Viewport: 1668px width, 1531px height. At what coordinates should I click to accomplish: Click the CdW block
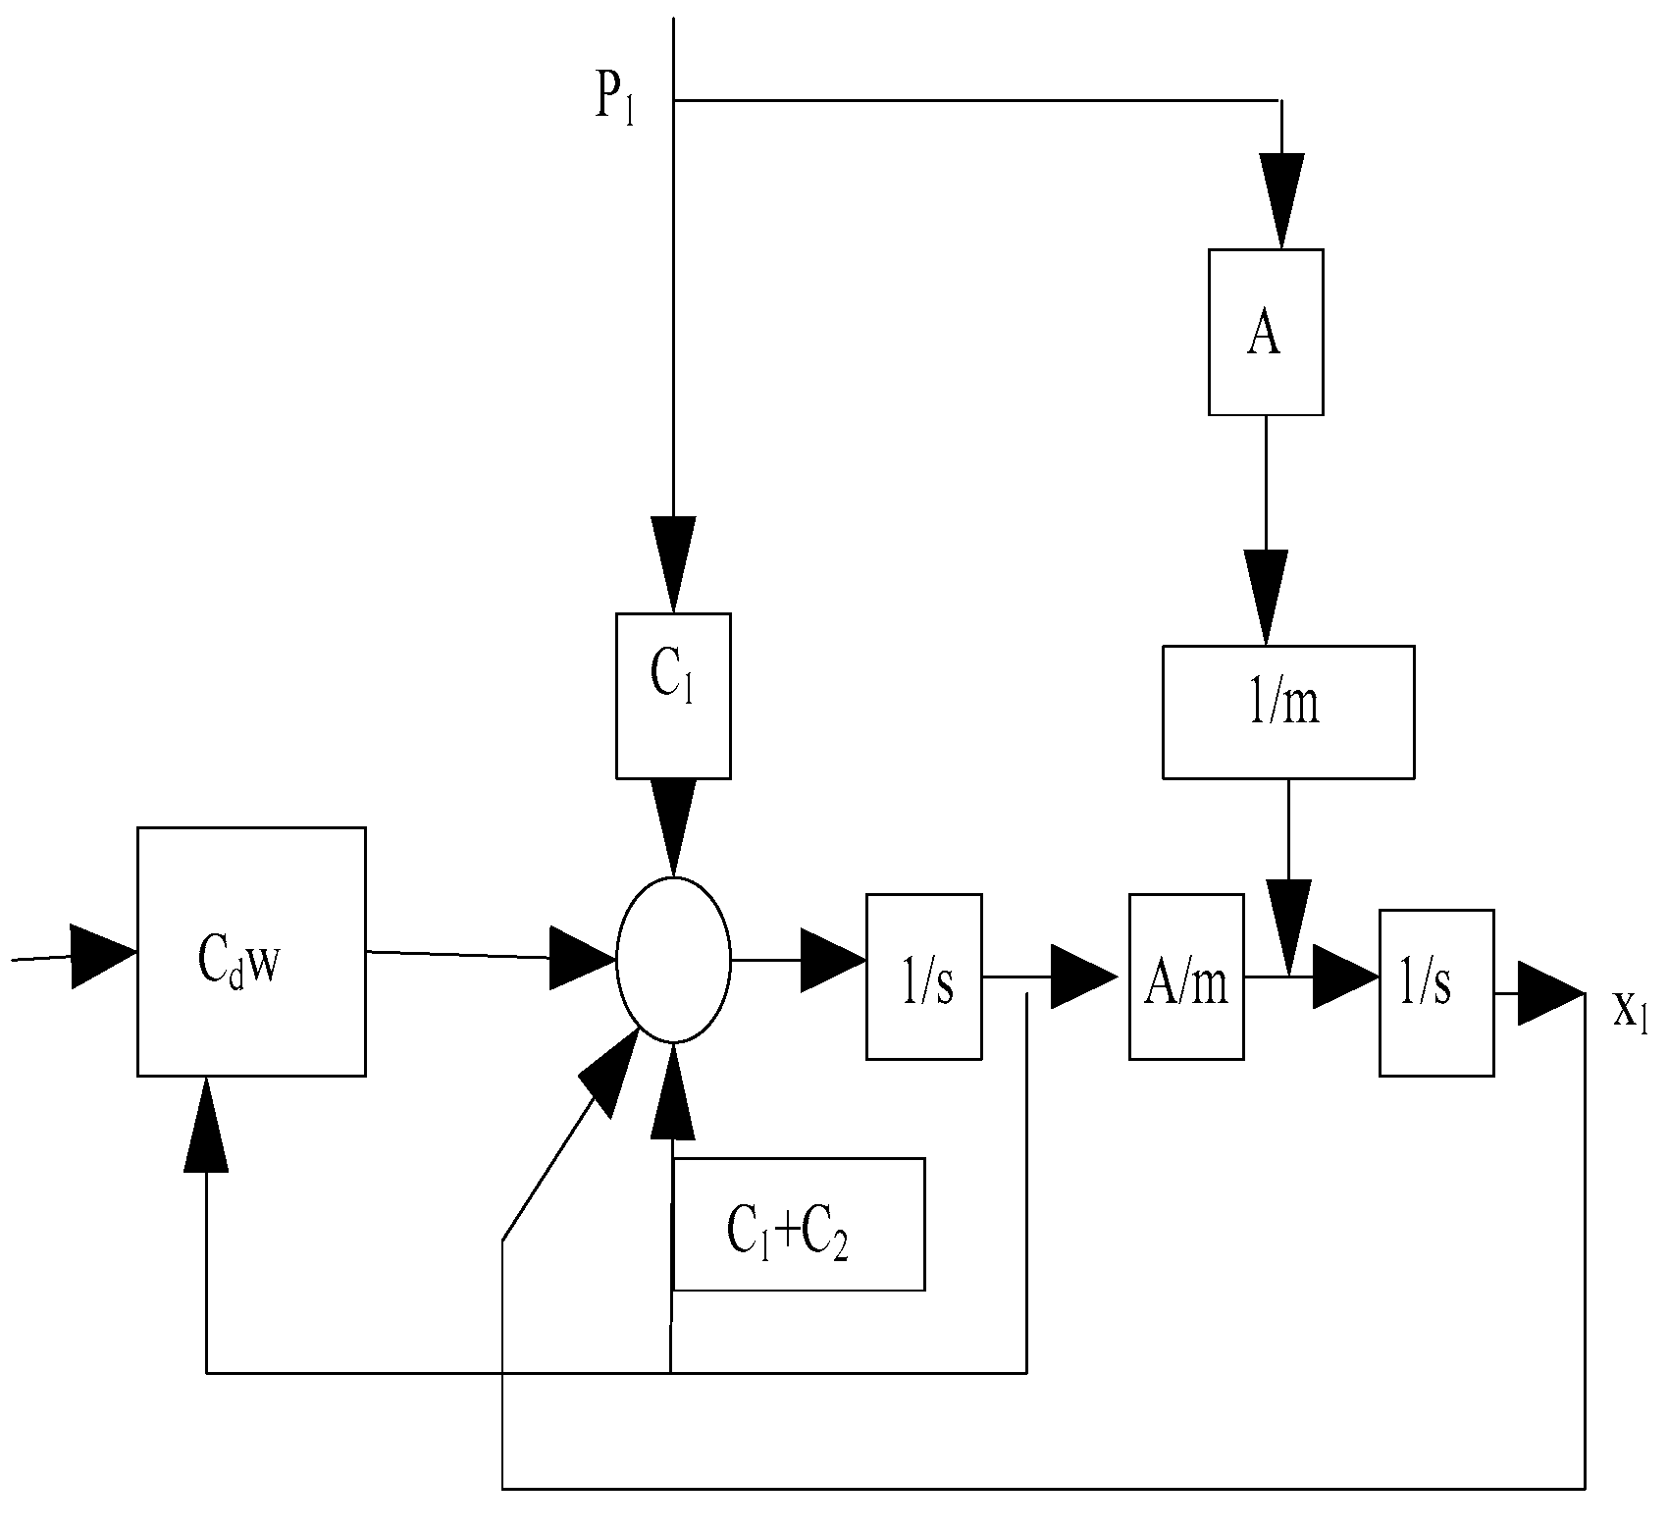pyautogui.click(x=251, y=951)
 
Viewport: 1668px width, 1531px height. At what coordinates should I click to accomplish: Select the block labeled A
pyautogui.click(x=1265, y=332)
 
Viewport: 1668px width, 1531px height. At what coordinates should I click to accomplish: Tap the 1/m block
pyautogui.click(x=1287, y=712)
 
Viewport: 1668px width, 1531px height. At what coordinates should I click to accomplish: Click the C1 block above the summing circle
pyautogui.click(x=673, y=695)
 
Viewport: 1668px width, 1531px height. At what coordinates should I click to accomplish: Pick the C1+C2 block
pyautogui.click(x=798, y=1224)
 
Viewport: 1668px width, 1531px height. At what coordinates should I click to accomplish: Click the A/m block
pyautogui.click(x=1186, y=977)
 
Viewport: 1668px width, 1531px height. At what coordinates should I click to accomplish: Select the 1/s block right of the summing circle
pyautogui.click(x=923, y=977)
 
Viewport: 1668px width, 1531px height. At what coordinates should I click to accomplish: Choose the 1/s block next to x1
pyautogui.click(x=1436, y=992)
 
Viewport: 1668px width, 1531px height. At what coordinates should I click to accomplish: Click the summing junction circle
pyautogui.click(x=673, y=959)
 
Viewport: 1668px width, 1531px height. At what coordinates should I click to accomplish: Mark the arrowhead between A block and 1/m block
pyautogui.click(x=1266, y=595)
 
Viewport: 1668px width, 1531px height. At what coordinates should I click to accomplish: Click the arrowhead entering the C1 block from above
pyautogui.click(x=673, y=561)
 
